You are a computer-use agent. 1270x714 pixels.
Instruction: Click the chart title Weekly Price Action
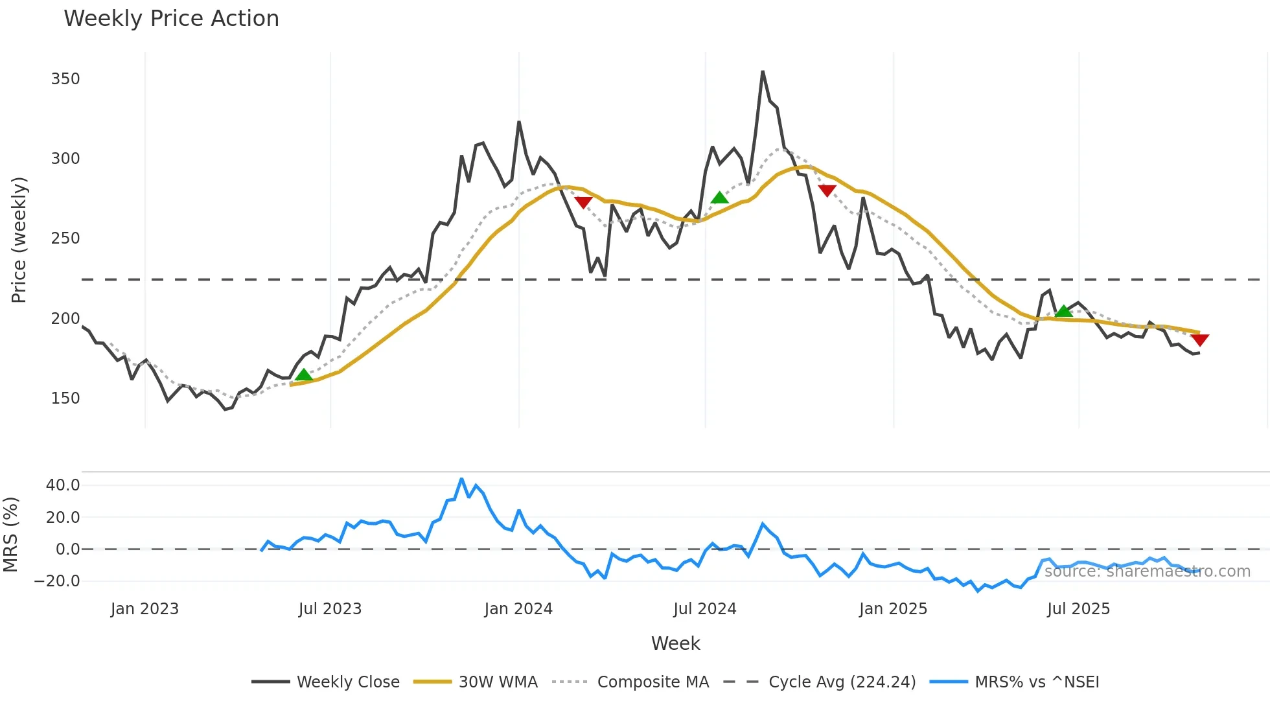click(171, 19)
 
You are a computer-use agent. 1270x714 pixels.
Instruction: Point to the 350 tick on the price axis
click(65, 79)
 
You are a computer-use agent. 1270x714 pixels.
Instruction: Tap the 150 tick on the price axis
click(65, 398)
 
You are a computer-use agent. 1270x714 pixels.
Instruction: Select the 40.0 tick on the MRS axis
click(63, 485)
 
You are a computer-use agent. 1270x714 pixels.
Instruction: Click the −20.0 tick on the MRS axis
click(58, 581)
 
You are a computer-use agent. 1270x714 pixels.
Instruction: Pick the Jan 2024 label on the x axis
click(518, 609)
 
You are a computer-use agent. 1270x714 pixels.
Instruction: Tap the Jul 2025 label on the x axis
click(1079, 609)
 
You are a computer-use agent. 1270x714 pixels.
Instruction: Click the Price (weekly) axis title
click(19, 240)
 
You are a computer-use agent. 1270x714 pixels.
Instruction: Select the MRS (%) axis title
click(10, 535)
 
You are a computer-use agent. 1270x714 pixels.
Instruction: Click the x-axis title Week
click(675, 643)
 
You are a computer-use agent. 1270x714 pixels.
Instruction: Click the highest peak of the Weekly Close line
click(763, 71)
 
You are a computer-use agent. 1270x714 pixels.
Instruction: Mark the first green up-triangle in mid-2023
click(303, 374)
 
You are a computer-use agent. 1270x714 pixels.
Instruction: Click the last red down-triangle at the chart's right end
click(1199, 340)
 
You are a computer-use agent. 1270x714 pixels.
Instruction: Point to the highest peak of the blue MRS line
click(461, 479)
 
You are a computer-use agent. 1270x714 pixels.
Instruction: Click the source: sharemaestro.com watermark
click(1148, 571)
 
